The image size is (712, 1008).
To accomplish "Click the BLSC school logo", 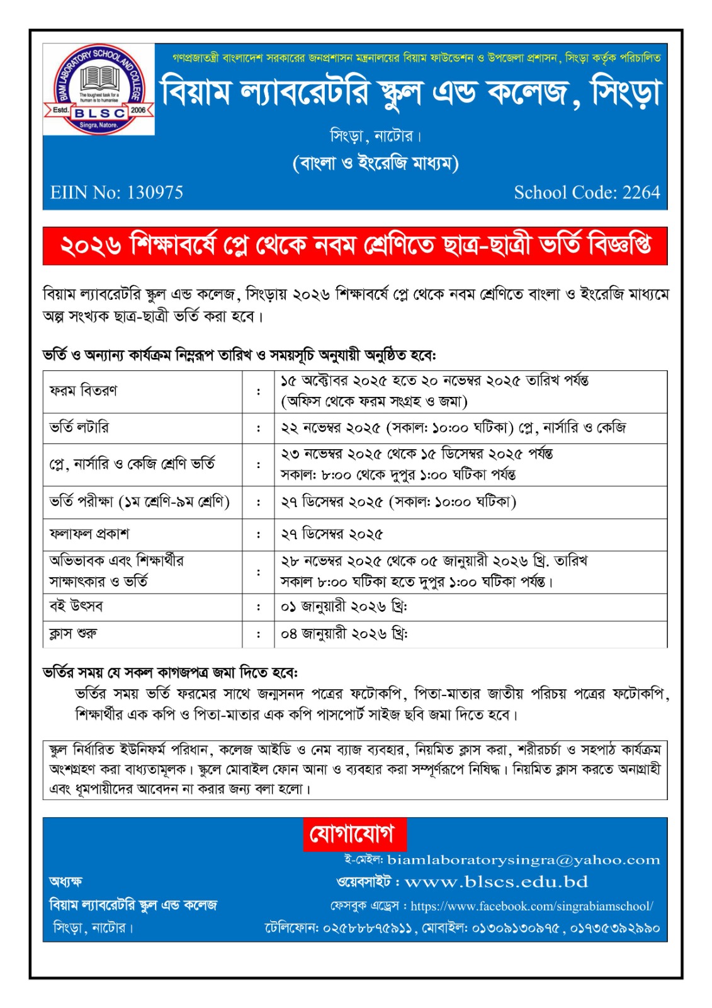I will tap(99, 89).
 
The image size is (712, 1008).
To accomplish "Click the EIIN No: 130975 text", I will tap(117, 192).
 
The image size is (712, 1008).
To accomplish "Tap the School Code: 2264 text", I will tap(587, 192).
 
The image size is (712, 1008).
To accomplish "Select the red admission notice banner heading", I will tap(355, 246).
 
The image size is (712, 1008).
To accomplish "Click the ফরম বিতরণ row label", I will tap(83, 391).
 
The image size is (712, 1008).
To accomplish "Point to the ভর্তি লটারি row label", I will tap(79, 428).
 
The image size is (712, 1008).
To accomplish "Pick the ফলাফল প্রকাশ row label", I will tap(89, 534).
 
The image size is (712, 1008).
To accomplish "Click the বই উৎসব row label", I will tap(76, 606).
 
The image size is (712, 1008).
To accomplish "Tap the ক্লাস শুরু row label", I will tap(74, 633).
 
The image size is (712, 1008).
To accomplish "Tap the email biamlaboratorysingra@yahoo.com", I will tap(524, 860).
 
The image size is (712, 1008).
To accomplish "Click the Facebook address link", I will tap(532, 906).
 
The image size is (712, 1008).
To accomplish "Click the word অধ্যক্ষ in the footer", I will tap(65, 881).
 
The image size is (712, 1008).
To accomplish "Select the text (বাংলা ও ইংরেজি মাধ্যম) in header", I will tap(376, 163).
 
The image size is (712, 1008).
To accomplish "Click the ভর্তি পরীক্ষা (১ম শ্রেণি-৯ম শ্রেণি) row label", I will tap(140, 502).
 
